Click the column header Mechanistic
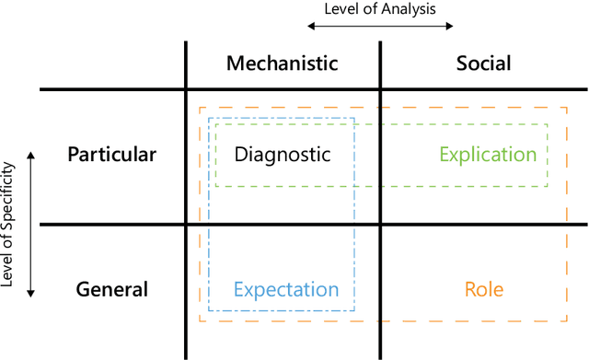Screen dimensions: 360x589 coord(282,64)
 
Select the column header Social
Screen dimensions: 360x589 coord(483,64)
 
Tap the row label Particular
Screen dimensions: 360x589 coord(112,155)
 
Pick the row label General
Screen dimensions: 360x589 coord(112,289)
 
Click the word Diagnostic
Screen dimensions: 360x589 coord(282,155)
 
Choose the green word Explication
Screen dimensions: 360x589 coord(487,155)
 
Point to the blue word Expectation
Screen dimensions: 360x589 coord(286,289)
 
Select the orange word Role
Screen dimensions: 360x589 coord(484,289)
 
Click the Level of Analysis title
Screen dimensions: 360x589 coord(378,9)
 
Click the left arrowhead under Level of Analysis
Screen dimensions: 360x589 coord(309,26)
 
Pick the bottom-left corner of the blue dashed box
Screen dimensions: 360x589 coord(209,311)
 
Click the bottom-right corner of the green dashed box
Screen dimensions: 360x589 coord(548,186)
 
